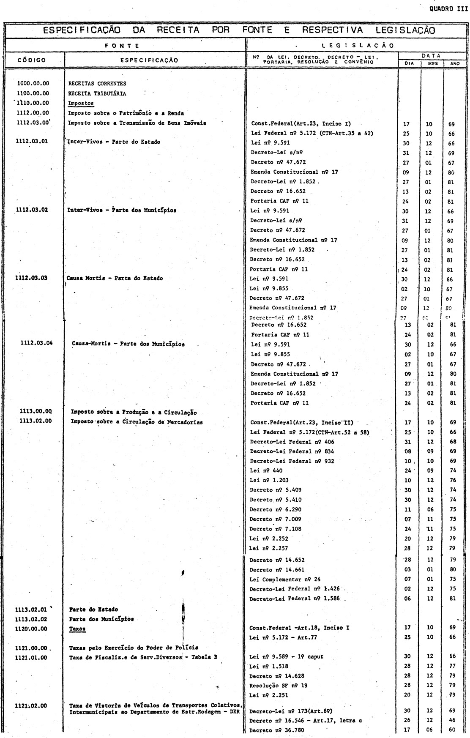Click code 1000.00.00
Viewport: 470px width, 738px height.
pos(33,84)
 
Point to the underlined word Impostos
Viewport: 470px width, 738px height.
pos(81,103)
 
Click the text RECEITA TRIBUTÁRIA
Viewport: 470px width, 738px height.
pos(97,93)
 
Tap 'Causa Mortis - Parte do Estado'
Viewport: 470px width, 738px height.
pos(115,279)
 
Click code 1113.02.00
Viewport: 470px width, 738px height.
pos(36,422)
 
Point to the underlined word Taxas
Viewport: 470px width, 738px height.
pos(77,629)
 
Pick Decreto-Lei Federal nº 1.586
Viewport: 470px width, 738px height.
pos(295,599)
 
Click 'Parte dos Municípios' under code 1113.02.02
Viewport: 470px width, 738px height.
pos(101,619)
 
